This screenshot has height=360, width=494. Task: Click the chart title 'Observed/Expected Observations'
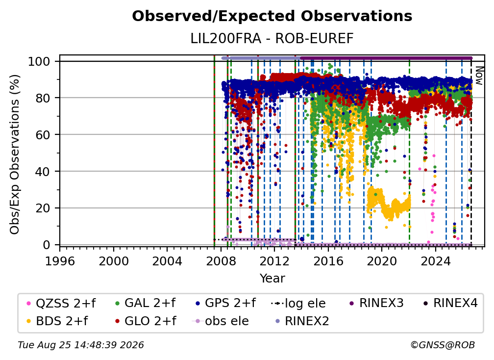(x=272, y=16)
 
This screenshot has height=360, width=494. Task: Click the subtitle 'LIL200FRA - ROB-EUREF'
(x=272, y=39)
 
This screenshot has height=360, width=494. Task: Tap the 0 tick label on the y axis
(x=47, y=245)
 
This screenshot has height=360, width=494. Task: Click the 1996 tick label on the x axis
(x=60, y=261)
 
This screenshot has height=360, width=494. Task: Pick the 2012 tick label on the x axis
(x=274, y=261)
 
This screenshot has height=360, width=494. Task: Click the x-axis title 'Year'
(x=272, y=279)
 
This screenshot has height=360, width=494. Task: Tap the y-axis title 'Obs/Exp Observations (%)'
(x=15, y=154)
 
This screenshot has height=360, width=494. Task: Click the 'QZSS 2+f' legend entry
(x=61, y=303)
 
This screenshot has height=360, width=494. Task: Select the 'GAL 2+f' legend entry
(x=145, y=303)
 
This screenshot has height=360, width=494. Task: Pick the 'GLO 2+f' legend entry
(x=146, y=321)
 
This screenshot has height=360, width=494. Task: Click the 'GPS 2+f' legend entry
(x=225, y=303)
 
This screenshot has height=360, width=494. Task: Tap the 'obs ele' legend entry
(x=220, y=321)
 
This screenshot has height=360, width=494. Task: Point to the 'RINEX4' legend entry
(x=450, y=303)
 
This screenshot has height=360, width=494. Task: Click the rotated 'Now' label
(x=479, y=76)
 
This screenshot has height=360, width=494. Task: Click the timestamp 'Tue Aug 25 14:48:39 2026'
(x=81, y=345)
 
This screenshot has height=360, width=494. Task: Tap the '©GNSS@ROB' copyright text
(x=443, y=345)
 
